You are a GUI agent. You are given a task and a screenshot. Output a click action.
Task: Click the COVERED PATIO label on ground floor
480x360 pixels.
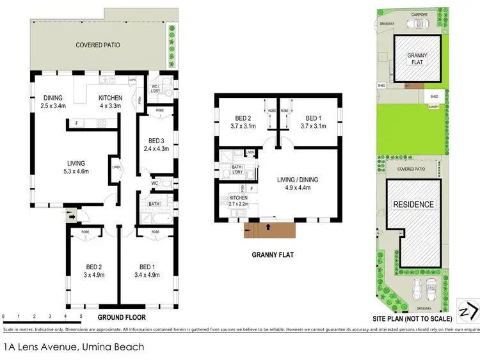[x=98, y=45]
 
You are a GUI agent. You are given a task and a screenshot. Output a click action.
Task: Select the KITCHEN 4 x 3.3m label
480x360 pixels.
[x=111, y=102]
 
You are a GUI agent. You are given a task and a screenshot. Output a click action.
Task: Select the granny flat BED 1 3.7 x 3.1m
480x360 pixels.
[x=312, y=122]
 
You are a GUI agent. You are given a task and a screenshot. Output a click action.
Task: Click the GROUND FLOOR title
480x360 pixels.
[x=122, y=317]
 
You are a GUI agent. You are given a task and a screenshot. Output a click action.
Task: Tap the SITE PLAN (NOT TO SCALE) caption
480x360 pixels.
[x=413, y=318]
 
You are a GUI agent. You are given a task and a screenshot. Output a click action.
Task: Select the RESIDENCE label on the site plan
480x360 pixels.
[x=413, y=205]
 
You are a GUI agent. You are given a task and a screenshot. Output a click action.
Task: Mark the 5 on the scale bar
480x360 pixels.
[x=81, y=317]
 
